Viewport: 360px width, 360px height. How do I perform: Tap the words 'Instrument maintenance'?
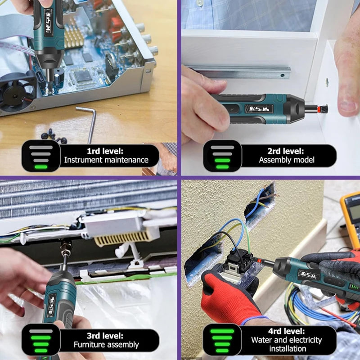pos(106,160)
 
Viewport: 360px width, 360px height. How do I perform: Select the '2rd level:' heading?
pos(287,151)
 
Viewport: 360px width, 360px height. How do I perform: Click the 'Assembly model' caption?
pos(287,160)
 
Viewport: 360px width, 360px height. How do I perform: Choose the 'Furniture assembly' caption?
pos(106,345)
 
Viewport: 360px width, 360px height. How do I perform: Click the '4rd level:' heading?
pos(287,332)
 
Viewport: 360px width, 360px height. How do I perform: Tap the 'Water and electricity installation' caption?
pos(287,344)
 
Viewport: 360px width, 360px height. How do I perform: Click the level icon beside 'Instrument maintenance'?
pos(40,156)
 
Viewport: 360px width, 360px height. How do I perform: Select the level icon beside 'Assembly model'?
pos(222,156)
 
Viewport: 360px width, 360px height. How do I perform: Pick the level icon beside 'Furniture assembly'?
pos(40,340)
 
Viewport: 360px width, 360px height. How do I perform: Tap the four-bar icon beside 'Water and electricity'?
pos(222,340)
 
